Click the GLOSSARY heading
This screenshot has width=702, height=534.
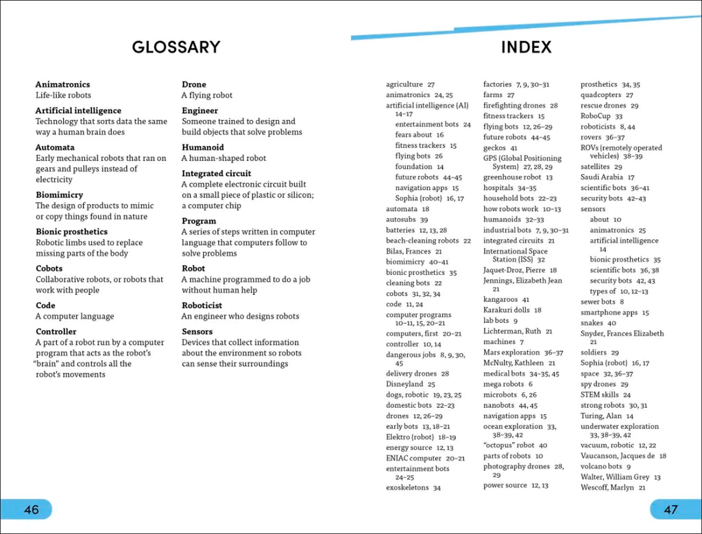pos(176,47)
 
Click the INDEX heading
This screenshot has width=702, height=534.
pos(526,47)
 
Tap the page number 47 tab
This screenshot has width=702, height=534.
pos(671,509)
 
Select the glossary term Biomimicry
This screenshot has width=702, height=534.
pos(59,195)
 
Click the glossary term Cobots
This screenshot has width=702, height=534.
pos(49,269)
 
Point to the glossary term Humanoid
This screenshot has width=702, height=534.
pos(202,147)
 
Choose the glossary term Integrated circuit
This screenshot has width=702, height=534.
pos(216,173)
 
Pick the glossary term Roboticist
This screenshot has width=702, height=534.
pos(202,306)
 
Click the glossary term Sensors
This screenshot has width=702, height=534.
pos(197,332)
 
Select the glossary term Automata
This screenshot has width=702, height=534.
pos(55,147)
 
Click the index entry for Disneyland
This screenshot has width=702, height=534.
pos(405,385)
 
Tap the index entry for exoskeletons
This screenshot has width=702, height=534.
pos(407,488)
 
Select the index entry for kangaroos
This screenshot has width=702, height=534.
pos(500,300)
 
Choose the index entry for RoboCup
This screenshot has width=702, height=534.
pos(596,117)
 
